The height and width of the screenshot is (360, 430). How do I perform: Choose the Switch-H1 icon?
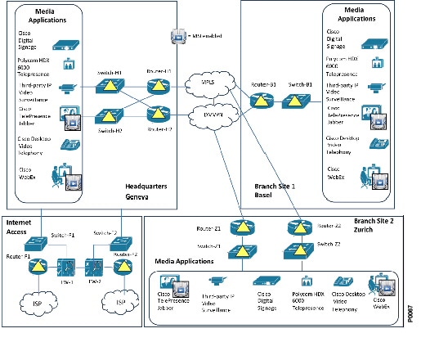point(108,86)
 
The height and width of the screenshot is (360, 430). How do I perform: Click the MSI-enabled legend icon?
point(177,36)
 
